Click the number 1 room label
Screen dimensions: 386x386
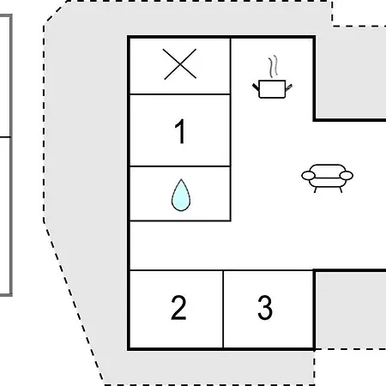[x=180, y=131]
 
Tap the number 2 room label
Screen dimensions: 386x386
[x=178, y=308]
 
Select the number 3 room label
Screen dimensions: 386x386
[x=265, y=307]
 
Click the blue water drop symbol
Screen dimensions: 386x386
[x=181, y=195]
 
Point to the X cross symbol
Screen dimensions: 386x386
[x=180, y=64]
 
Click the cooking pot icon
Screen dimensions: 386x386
[x=272, y=77]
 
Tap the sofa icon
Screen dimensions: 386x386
[x=328, y=178]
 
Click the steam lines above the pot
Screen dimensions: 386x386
[x=274, y=66]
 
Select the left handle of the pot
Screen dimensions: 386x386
[x=256, y=87]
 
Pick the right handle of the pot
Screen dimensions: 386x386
[x=289, y=87]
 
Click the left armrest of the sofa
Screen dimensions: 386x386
[x=309, y=176]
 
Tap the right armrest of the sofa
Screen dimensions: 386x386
[x=346, y=176]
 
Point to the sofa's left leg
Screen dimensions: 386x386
[x=316, y=190]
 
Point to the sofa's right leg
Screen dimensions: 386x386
[x=341, y=190]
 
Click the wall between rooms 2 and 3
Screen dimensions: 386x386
[x=223, y=310]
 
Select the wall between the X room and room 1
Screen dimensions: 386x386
[x=180, y=93]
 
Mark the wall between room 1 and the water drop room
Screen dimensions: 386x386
[x=180, y=166]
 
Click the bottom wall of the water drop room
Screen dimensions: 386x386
[x=180, y=220]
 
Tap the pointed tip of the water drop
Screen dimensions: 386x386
[x=181, y=179]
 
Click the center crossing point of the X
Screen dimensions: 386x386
[x=180, y=64]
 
